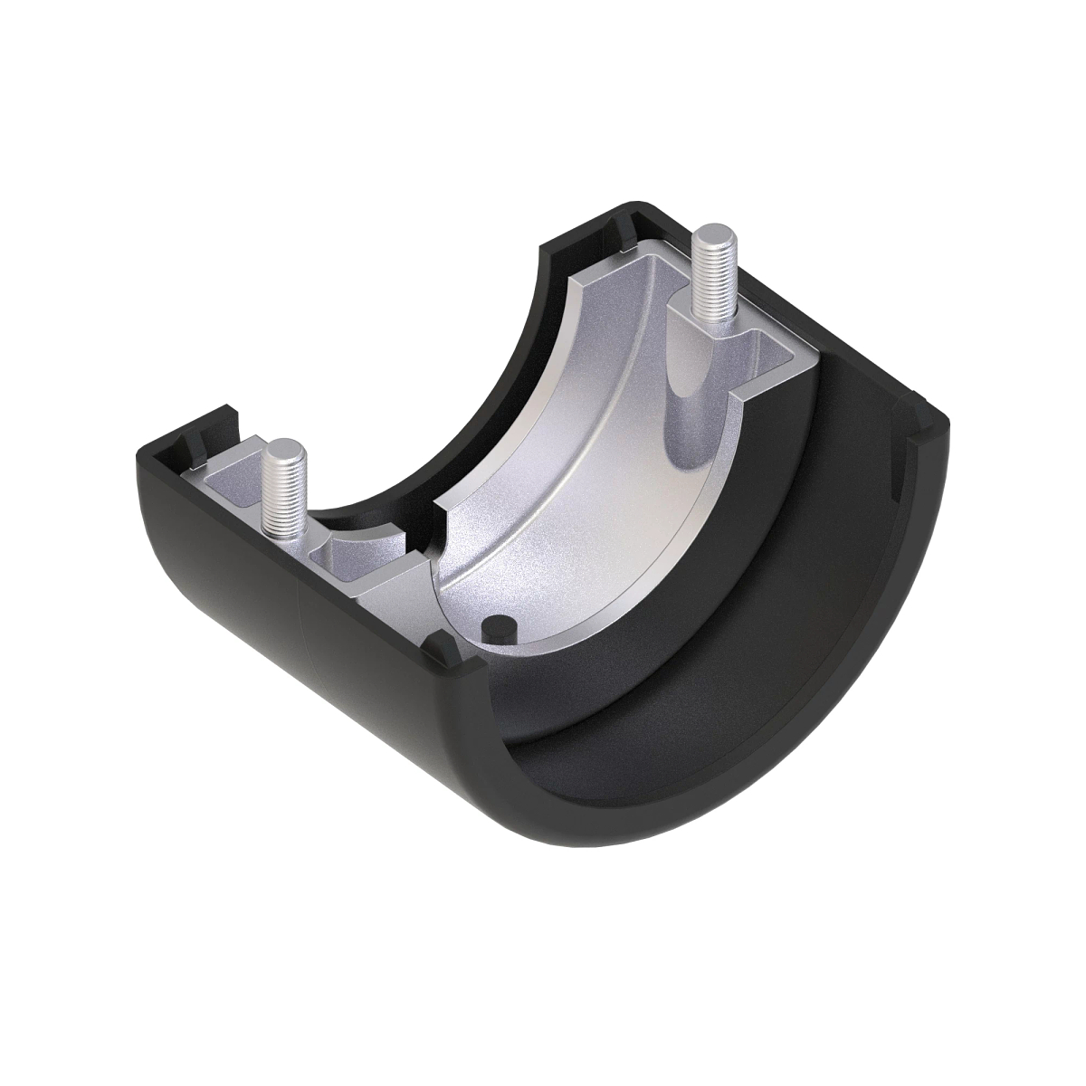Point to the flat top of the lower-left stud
(x=284, y=448)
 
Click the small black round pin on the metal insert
(x=497, y=625)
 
